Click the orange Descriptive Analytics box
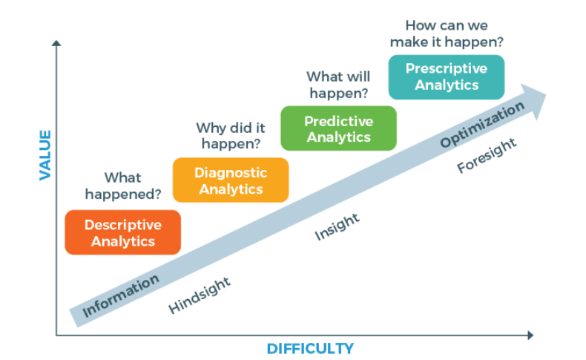122,232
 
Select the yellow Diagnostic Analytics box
230,180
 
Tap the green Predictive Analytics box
338,128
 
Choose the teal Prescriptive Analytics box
447,76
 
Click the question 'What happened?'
122,186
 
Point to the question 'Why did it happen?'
231,136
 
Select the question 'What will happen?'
339,85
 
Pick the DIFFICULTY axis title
310,348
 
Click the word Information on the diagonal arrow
121,295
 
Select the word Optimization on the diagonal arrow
482,125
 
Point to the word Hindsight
200,295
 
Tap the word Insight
338,226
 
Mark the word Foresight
487,155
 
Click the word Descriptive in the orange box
122,224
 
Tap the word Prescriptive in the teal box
447,68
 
